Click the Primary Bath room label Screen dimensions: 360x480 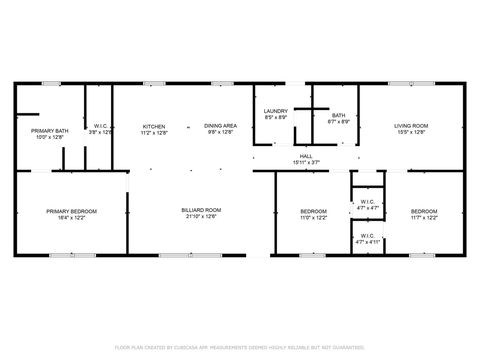coord(49,130)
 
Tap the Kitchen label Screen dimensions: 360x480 coord(154,125)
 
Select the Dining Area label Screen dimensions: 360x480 coord(220,125)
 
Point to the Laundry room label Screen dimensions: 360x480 coord(276,111)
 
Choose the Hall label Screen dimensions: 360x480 coord(306,156)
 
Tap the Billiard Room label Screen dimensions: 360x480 coord(201,210)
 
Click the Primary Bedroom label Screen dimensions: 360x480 coord(71,210)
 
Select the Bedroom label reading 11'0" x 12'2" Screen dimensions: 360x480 coord(314,210)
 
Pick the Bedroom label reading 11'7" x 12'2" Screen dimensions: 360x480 coord(424,210)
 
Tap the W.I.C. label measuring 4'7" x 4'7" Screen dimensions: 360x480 coord(367,204)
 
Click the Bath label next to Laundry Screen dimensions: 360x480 coord(339,115)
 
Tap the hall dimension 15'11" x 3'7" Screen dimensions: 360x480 coord(306,162)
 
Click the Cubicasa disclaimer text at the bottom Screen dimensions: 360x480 coord(239,347)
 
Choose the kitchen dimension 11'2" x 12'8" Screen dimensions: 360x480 coord(154,132)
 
